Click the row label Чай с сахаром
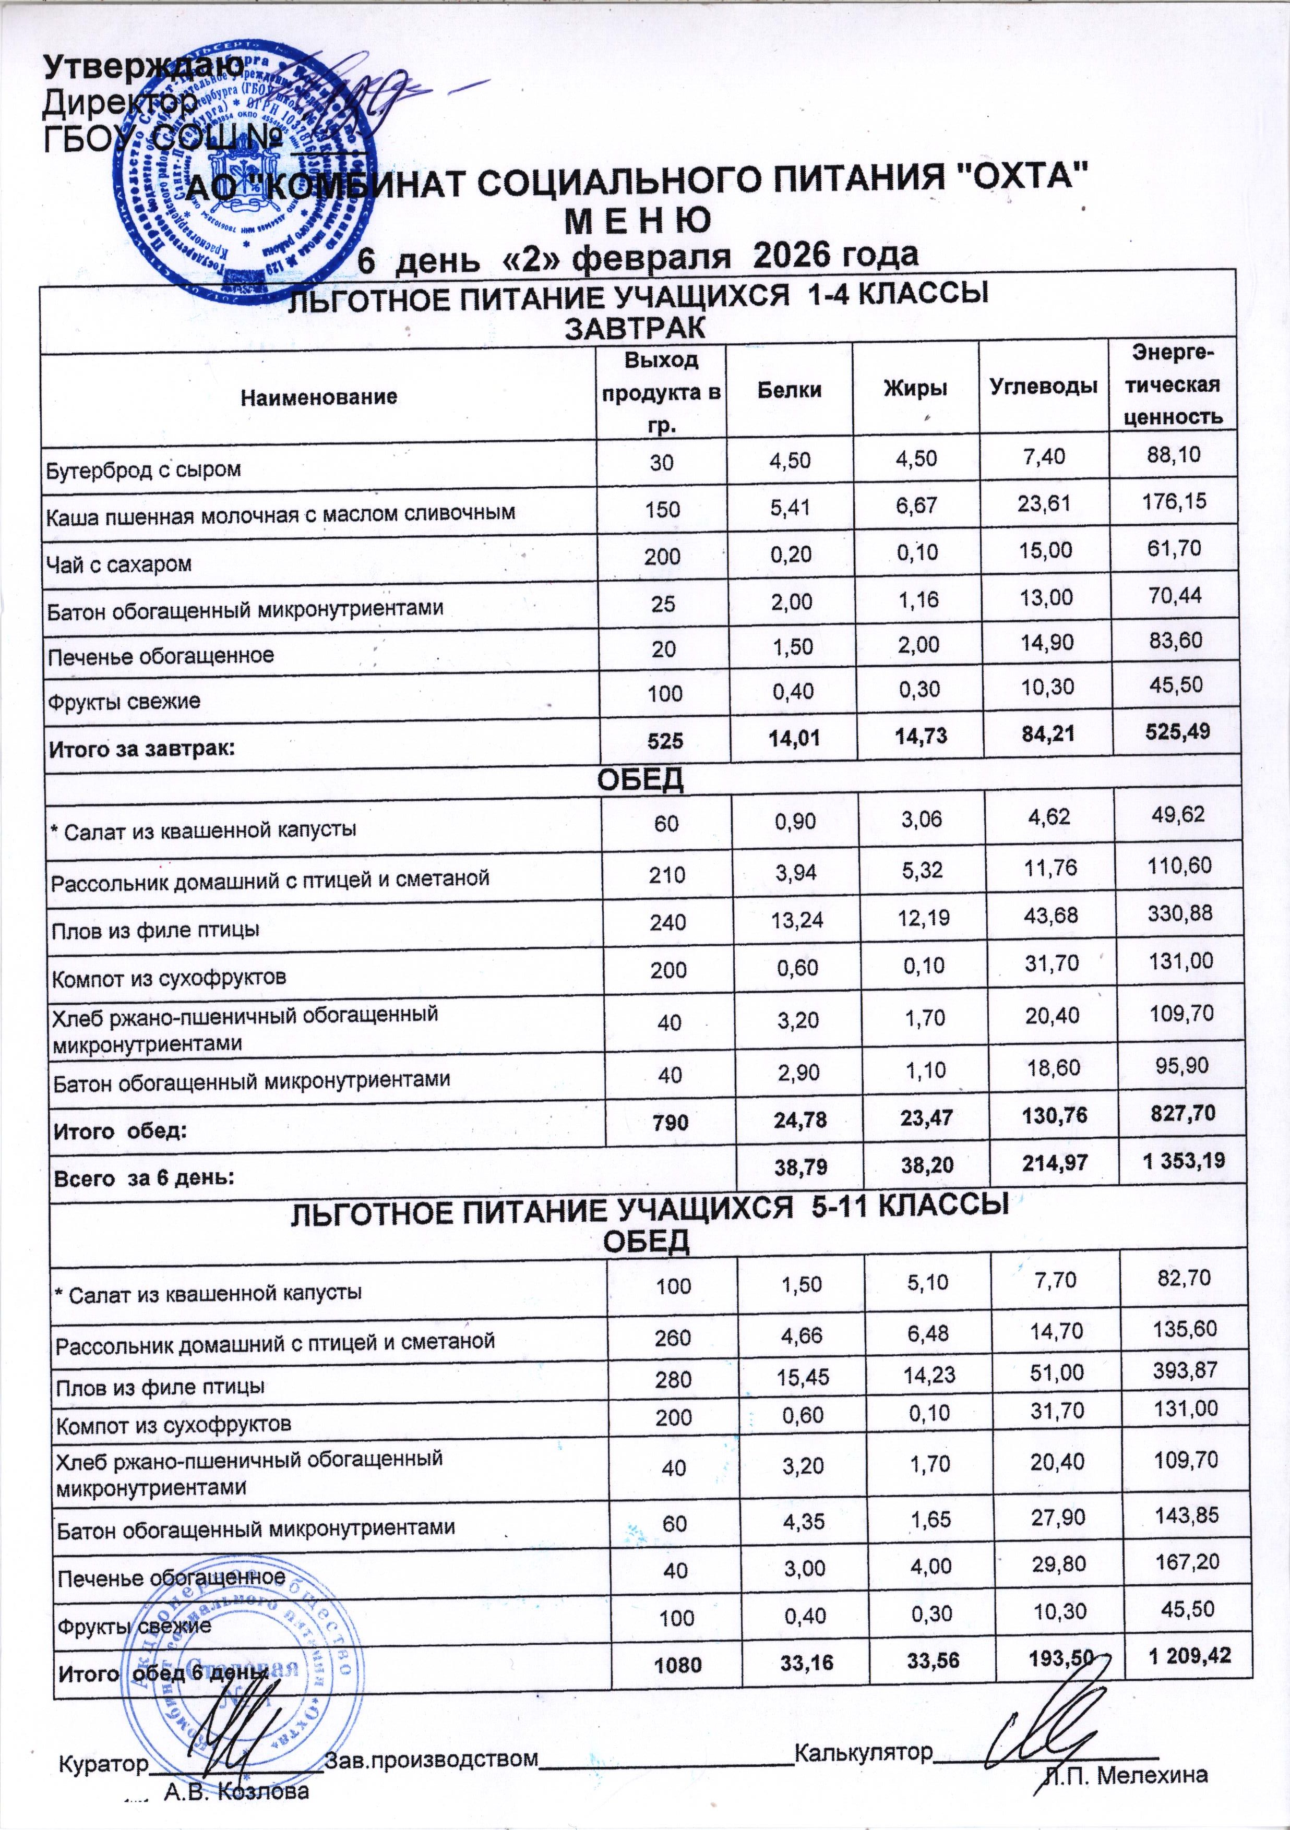coord(120,564)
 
